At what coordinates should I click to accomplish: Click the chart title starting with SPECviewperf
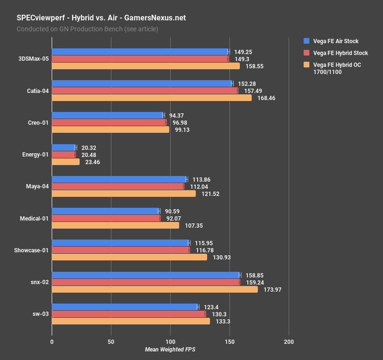point(101,18)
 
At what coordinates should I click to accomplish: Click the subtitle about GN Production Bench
point(87,29)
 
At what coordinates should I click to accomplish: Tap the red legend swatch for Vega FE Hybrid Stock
point(306,53)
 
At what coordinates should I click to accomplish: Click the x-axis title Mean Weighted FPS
point(170,350)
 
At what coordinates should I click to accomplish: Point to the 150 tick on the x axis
point(229,342)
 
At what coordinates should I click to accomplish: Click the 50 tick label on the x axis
point(111,342)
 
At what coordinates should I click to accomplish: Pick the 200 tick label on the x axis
point(289,342)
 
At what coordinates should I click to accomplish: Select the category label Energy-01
point(35,155)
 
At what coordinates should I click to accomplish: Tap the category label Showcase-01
point(31,250)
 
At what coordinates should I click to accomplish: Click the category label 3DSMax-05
point(33,59)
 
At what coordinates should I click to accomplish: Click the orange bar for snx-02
point(155,289)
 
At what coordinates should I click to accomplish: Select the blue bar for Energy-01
point(64,148)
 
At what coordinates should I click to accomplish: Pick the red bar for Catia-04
point(145,91)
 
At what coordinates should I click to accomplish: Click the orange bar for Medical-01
point(115,225)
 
